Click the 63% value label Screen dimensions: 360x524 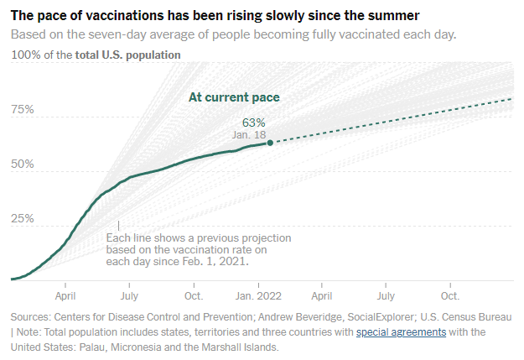(x=254, y=123)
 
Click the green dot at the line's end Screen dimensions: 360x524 (x=270, y=143)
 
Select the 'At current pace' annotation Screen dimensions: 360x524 (x=233, y=97)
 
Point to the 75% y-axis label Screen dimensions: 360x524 (x=23, y=110)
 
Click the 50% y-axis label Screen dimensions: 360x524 (x=23, y=164)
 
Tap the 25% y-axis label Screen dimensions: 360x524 (x=23, y=219)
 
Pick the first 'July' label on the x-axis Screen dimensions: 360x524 (x=129, y=296)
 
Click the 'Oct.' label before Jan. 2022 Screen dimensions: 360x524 (x=194, y=296)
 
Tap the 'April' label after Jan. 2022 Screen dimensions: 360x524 (x=321, y=296)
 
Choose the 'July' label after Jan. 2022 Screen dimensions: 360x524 (x=386, y=296)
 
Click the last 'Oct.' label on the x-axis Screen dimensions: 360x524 (x=450, y=296)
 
